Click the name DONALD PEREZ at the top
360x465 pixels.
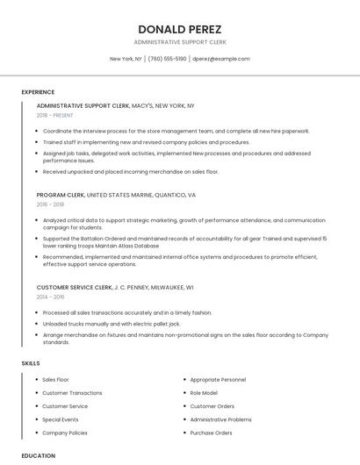point(179,30)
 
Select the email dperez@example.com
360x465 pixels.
point(220,59)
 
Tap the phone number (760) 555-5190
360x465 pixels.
point(167,59)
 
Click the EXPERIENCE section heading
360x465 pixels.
point(38,92)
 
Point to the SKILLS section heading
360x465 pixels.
point(31,363)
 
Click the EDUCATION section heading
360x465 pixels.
point(39,455)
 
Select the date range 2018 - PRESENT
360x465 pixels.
point(55,116)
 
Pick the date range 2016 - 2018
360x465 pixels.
point(50,204)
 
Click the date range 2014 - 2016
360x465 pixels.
point(50,297)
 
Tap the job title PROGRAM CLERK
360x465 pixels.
point(60,195)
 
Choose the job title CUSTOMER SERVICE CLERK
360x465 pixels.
point(75,287)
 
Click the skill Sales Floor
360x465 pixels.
point(55,380)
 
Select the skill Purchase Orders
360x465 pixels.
point(211,433)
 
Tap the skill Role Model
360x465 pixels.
point(204,393)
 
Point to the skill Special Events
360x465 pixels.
point(61,419)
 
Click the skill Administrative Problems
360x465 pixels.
point(220,419)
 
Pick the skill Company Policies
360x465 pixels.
point(65,433)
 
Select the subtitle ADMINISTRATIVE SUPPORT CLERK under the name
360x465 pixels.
point(179,42)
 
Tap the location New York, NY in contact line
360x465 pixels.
point(126,59)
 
